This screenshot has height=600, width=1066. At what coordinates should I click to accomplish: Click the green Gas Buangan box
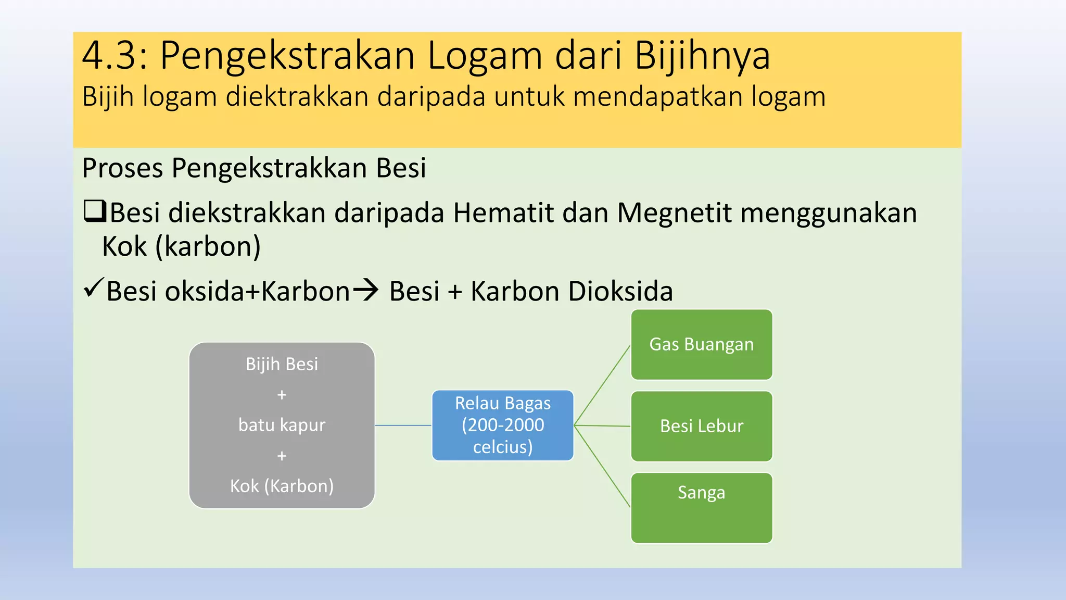coord(701,345)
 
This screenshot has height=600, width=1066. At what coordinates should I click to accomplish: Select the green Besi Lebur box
coord(701,426)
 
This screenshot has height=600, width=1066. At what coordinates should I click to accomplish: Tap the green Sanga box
coord(701,508)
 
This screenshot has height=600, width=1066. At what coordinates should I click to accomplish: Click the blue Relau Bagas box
coord(502,425)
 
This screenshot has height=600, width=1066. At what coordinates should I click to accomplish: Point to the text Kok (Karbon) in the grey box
coord(282,486)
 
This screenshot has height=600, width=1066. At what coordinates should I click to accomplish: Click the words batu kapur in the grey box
coord(282,425)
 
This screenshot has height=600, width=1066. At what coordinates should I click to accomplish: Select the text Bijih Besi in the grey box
coord(282,364)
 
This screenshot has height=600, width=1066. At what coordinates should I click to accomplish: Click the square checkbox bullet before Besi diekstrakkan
coord(95,211)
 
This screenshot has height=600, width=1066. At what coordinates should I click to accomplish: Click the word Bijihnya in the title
coord(702,55)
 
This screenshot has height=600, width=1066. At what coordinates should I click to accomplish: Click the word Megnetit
coord(674,213)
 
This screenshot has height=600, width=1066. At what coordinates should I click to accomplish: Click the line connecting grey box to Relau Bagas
coord(403,426)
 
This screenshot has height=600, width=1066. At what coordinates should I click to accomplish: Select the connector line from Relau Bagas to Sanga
coord(602,467)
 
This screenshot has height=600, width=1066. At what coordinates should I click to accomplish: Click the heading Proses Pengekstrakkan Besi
coord(254,168)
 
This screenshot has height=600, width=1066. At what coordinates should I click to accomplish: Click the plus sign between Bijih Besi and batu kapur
coord(282,395)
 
